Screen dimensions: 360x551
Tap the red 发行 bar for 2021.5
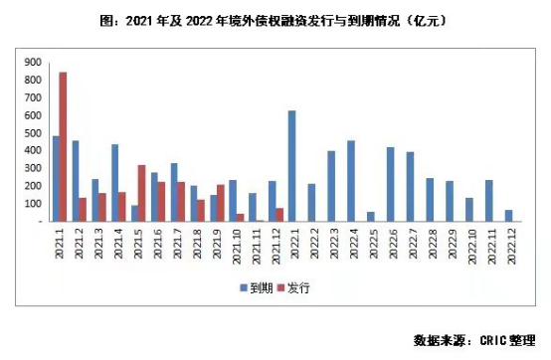click(x=141, y=193)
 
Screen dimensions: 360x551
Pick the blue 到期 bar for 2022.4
click(x=350, y=180)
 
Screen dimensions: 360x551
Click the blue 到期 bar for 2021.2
click(x=76, y=180)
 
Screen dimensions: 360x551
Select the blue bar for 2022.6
click(x=390, y=184)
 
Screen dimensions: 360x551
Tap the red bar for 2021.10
click(x=240, y=217)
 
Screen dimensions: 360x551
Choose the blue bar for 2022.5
click(x=370, y=216)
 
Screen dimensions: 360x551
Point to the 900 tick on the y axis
click(x=33, y=62)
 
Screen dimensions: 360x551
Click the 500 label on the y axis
click(x=33, y=133)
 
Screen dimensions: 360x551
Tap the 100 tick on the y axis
click(x=33, y=204)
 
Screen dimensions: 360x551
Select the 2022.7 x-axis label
click(x=410, y=245)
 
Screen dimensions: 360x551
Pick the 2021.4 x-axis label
click(x=115, y=245)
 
